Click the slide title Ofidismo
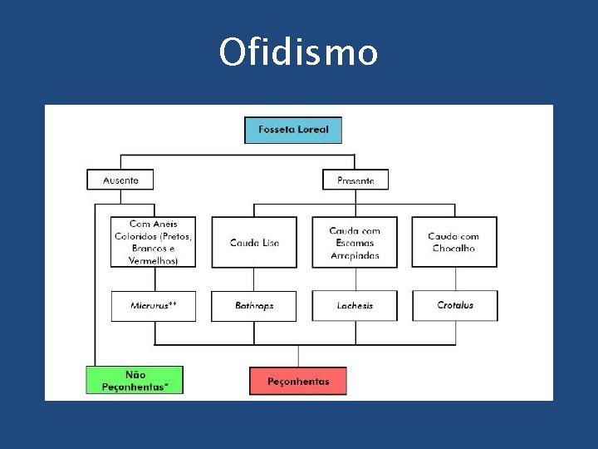[298, 52]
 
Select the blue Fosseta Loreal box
[292, 130]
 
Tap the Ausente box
[120, 180]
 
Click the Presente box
[355, 180]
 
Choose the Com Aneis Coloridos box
[154, 242]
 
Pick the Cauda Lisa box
[254, 242]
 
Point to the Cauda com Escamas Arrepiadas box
[355, 242]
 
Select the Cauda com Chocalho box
[454, 242]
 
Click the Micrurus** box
[154, 306]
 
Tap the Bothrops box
[254, 306]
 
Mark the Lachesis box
[355, 306]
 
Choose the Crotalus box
[455, 306]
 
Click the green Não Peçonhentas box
[134, 380]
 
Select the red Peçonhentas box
[298, 381]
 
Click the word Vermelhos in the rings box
[154, 261]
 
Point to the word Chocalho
[454, 249]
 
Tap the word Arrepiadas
[355, 256]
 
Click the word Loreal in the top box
[311, 130]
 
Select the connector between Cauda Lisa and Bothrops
[254, 279]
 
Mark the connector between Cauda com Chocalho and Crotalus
[455, 279]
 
